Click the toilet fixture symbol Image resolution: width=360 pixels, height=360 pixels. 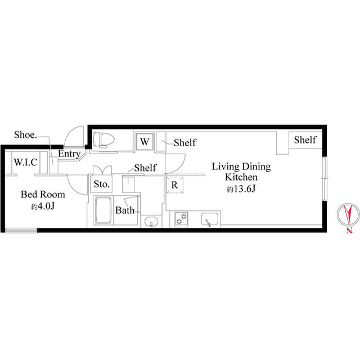(103, 139)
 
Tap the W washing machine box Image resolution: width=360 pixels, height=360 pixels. (145, 142)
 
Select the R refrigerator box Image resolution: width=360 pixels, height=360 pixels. (174, 184)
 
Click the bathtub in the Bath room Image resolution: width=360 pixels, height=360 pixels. (103, 210)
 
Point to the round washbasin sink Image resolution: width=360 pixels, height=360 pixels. (151, 222)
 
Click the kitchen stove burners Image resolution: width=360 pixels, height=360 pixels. (181, 219)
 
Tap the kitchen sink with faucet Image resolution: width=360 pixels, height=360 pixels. (210, 219)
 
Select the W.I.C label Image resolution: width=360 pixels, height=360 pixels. (25, 163)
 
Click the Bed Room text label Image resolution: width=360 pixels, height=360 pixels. (43, 195)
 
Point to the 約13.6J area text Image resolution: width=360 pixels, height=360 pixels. (241, 189)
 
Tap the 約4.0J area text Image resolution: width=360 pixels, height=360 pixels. (43, 206)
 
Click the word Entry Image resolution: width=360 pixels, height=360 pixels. (69, 154)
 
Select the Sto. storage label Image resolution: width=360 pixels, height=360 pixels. (101, 184)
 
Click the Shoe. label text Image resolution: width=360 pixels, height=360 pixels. (25, 135)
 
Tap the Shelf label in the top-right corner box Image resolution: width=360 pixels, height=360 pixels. (305, 140)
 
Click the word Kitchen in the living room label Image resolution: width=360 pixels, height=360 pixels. (241, 177)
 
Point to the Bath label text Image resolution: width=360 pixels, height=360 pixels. (125, 210)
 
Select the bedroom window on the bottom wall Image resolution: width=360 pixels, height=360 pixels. (21, 230)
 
